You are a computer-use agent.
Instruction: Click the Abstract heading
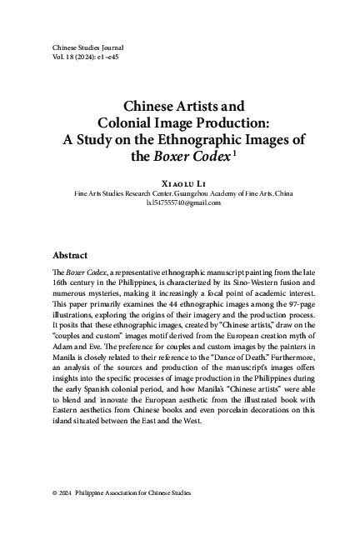click(x=72, y=256)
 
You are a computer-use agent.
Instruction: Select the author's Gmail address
click(x=179, y=202)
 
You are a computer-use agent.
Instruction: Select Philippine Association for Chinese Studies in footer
click(x=137, y=493)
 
